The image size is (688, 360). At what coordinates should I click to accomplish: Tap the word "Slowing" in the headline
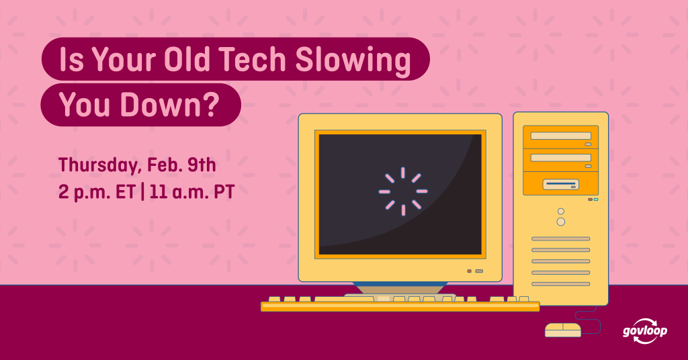[x=353, y=60]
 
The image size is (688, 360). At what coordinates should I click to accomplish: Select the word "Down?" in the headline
[x=170, y=105]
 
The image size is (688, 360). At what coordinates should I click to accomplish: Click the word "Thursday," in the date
[x=99, y=166]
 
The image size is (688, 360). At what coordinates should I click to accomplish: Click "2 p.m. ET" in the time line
[x=97, y=192]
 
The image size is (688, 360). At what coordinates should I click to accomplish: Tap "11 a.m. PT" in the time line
[x=192, y=192]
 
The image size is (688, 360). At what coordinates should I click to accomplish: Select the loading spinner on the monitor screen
[x=403, y=191]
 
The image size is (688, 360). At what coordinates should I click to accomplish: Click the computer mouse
[x=563, y=330]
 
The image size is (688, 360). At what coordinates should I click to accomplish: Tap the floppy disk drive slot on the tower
[x=561, y=184]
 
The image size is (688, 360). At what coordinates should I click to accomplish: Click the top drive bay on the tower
[x=561, y=137]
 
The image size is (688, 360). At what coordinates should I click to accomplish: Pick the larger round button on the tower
[x=561, y=222]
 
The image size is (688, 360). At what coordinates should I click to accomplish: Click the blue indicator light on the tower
[x=596, y=199]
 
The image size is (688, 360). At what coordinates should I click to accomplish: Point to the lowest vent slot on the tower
[x=561, y=284]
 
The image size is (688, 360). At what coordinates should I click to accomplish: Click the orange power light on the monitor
[x=470, y=271]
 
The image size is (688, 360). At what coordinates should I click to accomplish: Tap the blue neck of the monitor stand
[x=400, y=288]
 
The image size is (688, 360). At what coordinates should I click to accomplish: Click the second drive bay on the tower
[x=561, y=160]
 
